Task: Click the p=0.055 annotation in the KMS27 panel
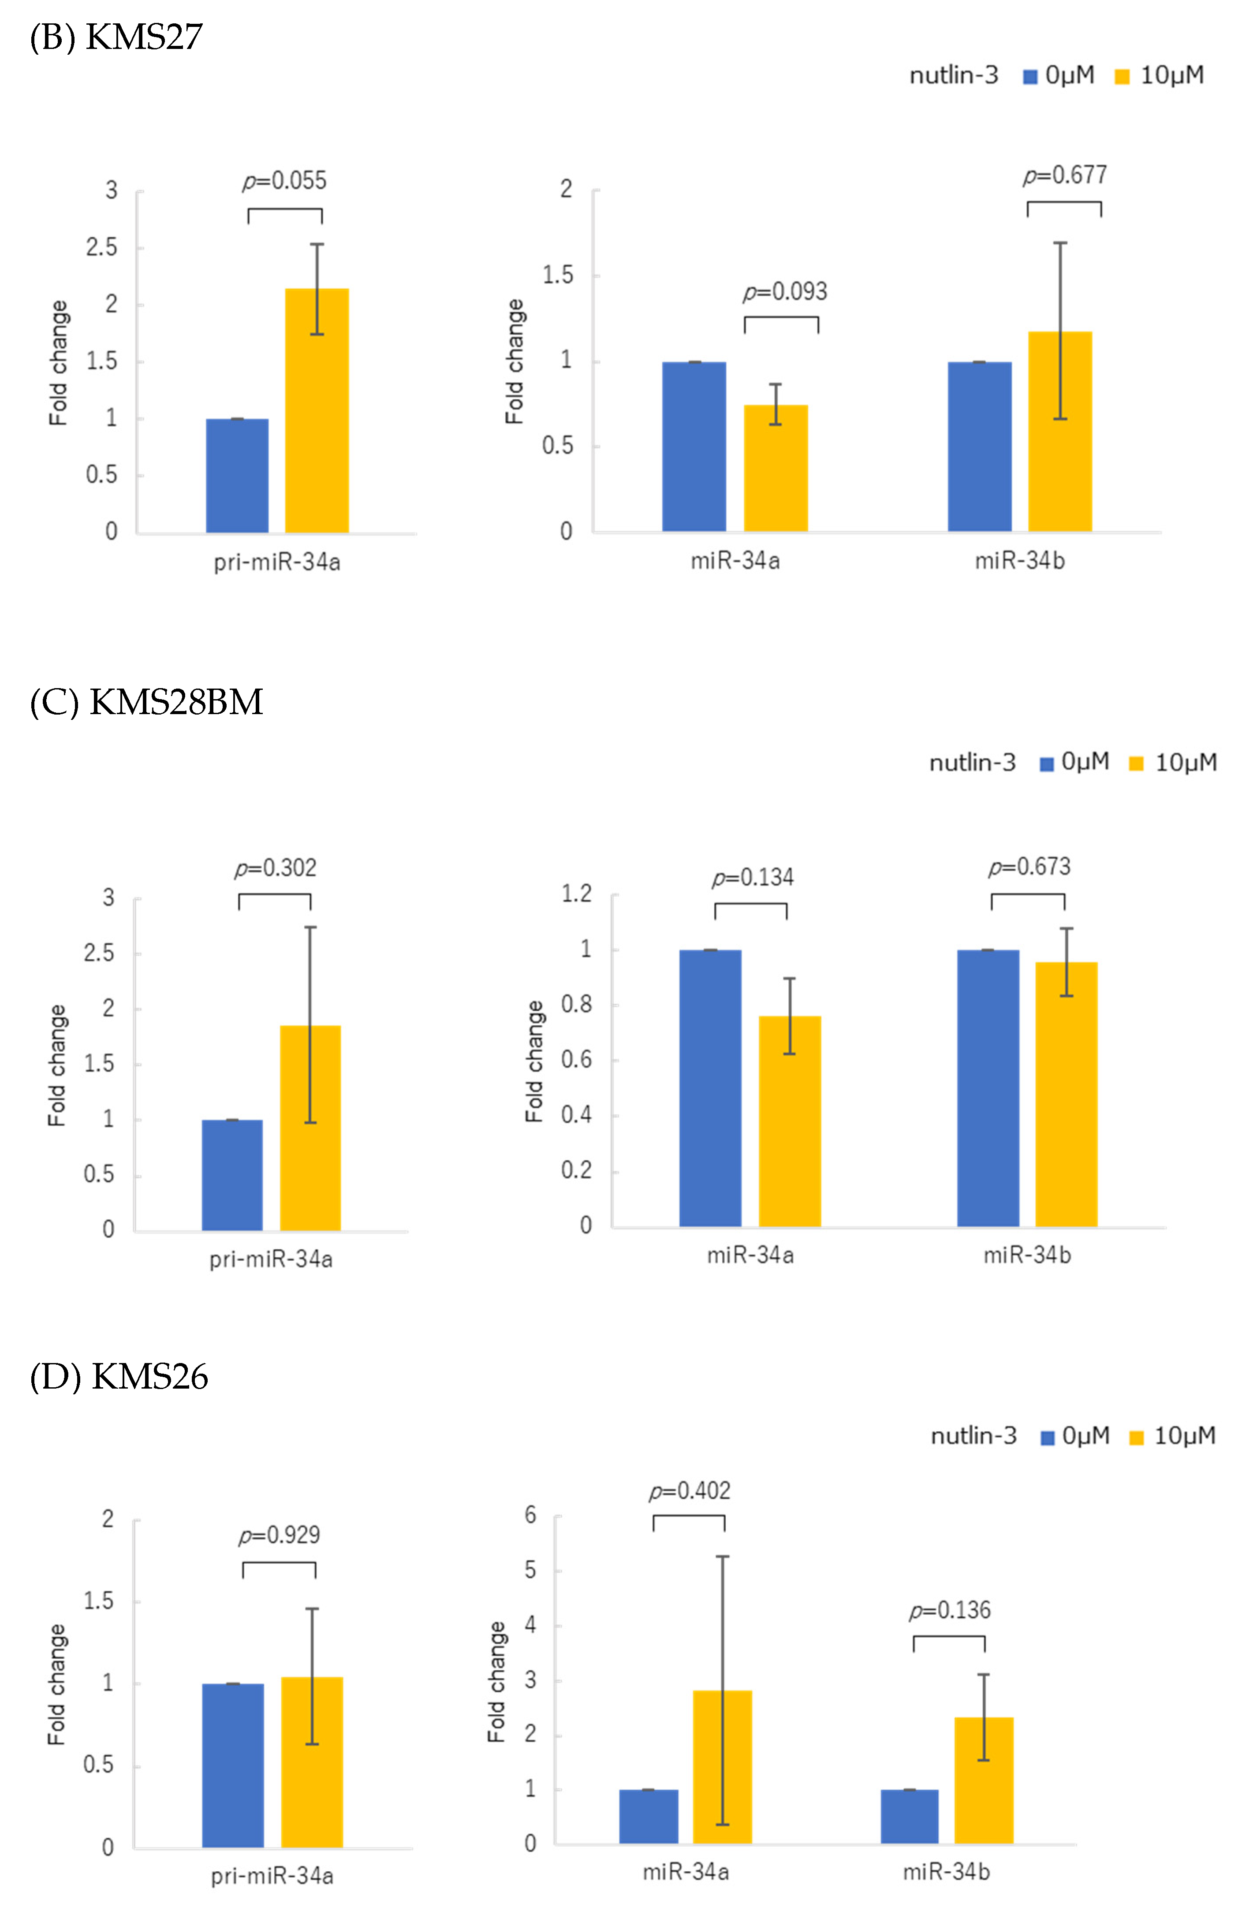coord(284,181)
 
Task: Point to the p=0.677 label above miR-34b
coord(1065,175)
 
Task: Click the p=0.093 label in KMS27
coord(784,292)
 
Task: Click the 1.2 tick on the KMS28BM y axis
coord(577,894)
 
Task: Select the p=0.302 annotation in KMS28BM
coord(275,868)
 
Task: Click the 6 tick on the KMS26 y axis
coord(530,1515)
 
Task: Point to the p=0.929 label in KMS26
coord(279,1535)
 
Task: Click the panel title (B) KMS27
coord(116,37)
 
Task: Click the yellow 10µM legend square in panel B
coord(1122,77)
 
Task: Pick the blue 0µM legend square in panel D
coord(1046,1438)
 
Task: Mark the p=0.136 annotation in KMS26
coord(949,1610)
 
